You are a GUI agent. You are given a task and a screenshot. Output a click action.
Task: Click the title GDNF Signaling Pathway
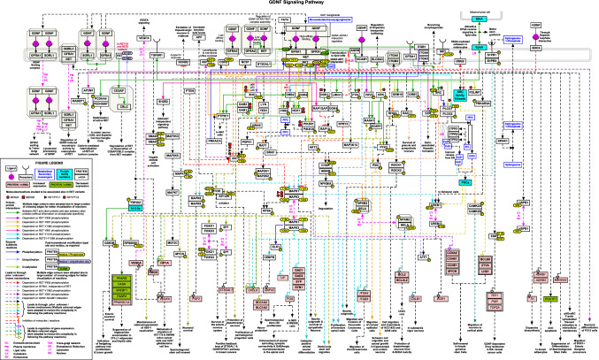click(x=299, y=4)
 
